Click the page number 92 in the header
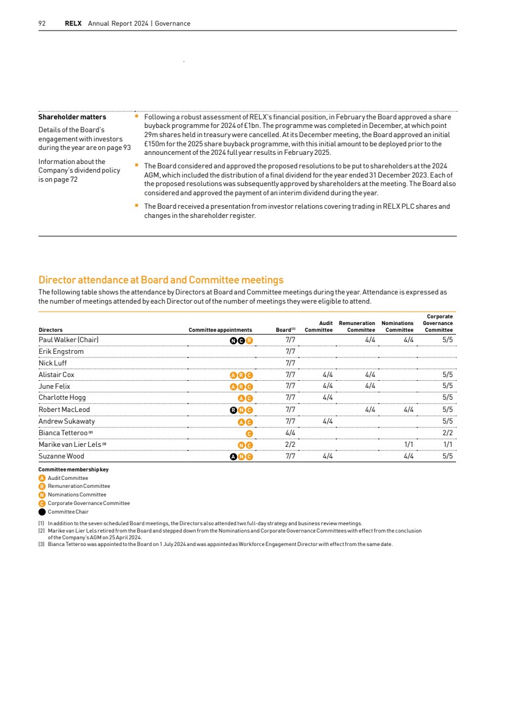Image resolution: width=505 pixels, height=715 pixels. tap(42, 23)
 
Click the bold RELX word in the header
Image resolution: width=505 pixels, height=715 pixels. tap(73, 23)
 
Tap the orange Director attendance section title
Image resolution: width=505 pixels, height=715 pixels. tap(161, 280)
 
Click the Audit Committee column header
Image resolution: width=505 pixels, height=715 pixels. tap(319, 326)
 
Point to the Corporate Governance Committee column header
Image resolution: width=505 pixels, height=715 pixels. tap(438, 323)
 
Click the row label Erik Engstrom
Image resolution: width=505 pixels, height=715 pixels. tap(61, 351)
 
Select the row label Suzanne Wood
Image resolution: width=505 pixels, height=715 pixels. tap(62, 456)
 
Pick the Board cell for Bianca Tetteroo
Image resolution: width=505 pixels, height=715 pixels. tap(291, 433)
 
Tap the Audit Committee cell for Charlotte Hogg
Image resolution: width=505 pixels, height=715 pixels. tap(327, 398)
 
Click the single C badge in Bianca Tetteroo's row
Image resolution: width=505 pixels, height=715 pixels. tap(249, 433)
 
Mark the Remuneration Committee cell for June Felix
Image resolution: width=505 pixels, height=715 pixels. tap(370, 386)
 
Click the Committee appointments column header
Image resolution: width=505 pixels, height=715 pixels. tap(220, 330)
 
